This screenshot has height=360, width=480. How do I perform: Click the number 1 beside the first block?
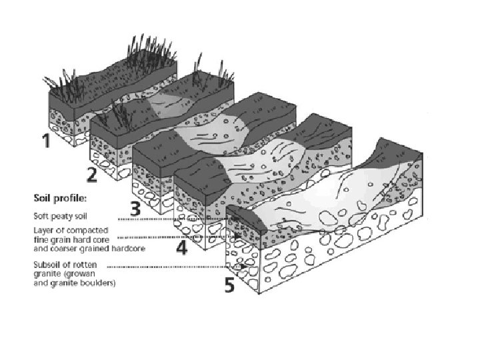(x=45, y=141)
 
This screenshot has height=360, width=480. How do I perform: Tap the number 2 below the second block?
(x=93, y=176)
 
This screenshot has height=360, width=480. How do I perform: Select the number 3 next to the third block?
(x=135, y=209)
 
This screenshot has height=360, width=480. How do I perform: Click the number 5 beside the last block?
(x=229, y=286)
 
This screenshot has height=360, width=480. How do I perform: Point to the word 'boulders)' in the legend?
(x=99, y=283)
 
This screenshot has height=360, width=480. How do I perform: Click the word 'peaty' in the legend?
(x=59, y=216)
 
